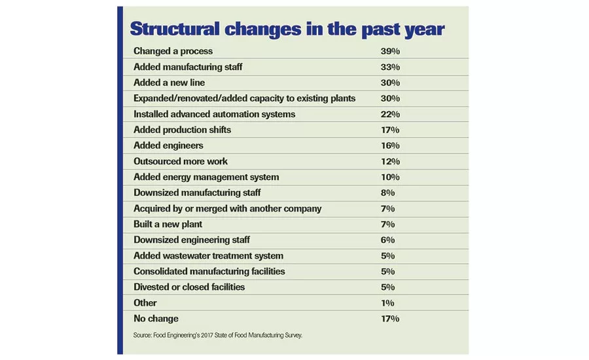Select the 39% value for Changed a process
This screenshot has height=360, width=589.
[x=390, y=51]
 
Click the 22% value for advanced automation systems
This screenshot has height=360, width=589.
[x=390, y=114]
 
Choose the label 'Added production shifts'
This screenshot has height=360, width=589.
[x=182, y=130]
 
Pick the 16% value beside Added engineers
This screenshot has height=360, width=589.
[x=390, y=145]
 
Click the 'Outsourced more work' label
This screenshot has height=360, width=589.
[x=181, y=161]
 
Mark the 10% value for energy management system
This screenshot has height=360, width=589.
[x=390, y=177]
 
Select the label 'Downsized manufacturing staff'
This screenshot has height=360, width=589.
[x=197, y=192]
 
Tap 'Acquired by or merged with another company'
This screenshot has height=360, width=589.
[x=228, y=208]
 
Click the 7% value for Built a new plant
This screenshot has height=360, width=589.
[x=389, y=224]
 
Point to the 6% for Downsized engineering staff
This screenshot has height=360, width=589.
[x=389, y=240]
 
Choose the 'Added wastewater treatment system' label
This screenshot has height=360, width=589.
[x=208, y=255]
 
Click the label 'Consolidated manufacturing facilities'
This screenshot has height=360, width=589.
[x=209, y=271]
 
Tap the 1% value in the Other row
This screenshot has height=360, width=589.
[x=389, y=302]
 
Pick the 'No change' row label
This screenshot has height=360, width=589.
[x=156, y=319]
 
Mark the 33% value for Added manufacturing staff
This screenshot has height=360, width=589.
[x=390, y=67]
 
